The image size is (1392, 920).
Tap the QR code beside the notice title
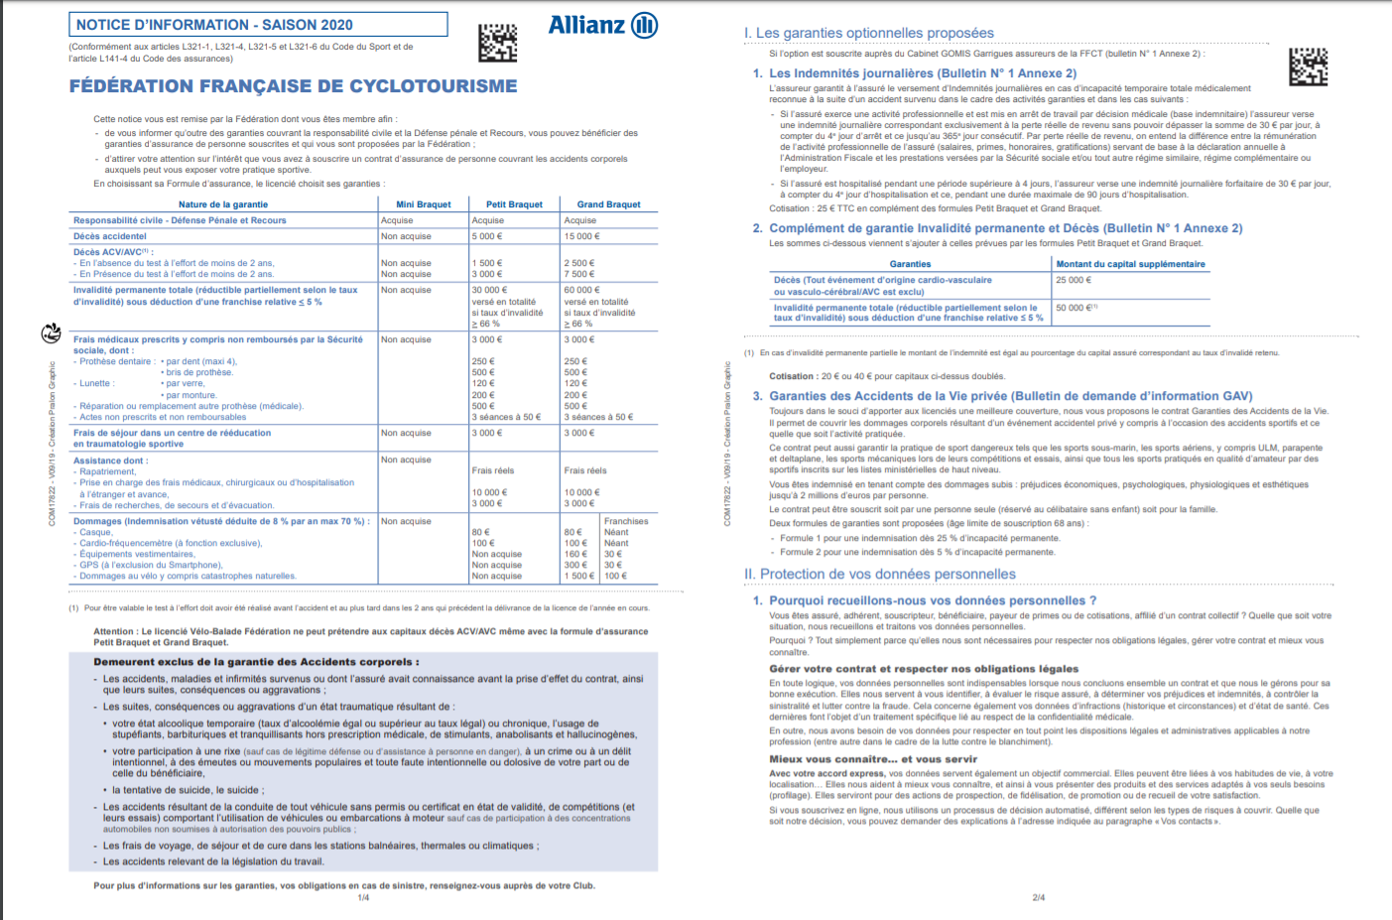click(x=497, y=43)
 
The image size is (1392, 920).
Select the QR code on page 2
click(x=1308, y=66)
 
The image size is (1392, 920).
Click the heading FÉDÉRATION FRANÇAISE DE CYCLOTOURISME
click(x=293, y=86)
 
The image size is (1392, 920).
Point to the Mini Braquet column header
click(x=424, y=204)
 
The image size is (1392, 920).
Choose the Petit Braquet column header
click(x=514, y=204)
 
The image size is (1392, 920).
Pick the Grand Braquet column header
click(x=608, y=204)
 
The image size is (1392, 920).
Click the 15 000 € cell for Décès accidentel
click(x=582, y=236)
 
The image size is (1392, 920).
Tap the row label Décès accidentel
click(x=110, y=236)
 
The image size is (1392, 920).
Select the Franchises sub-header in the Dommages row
click(x=626, y=521)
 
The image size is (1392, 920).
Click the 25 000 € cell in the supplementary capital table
click(x=1074, y=280)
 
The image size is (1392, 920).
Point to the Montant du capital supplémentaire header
click(x=1130, y=264)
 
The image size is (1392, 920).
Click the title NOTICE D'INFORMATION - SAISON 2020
click(x=214, y=25)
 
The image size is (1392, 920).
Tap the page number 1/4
click(x=363, y=898)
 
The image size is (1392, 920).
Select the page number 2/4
click(x=1038, y=898)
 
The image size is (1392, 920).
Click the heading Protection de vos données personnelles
click(x=880, y=574)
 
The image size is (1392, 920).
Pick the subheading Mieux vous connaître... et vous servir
click(x=859, y=759)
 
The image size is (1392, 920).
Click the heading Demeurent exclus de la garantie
click(x=256, y=662)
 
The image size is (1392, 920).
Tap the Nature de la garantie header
click(x=223, y=204)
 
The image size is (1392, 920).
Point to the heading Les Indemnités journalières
click(x=923, y=73)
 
